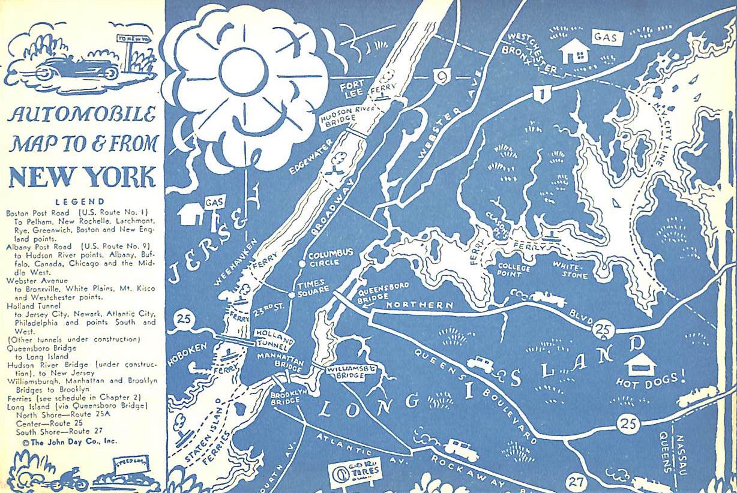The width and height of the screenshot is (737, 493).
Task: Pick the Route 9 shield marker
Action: pyautogui.click(x=441, y=76)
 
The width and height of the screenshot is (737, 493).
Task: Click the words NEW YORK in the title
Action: pyautogui.click(x=82, y=177)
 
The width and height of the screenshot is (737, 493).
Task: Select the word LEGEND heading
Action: pyautogui.click(x=80, y=202)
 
